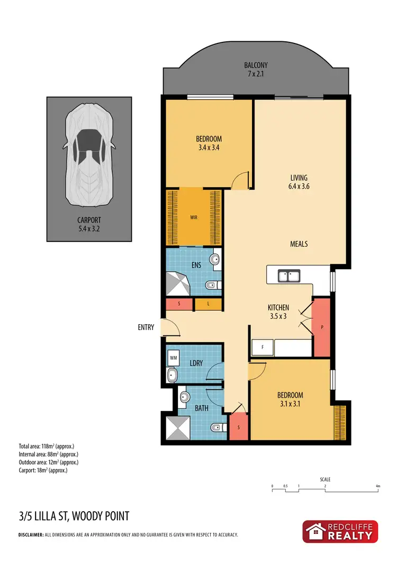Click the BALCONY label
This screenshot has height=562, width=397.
(254, 69)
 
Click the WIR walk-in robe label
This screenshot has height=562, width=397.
(194, 217)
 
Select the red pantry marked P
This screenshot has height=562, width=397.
(322, 327)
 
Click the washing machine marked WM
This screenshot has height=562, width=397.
(173, 358)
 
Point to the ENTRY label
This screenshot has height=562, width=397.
(146, 327)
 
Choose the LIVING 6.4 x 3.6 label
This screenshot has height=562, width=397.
(299, 182)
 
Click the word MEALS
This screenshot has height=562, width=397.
(299, 244)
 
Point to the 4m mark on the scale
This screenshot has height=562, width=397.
(377, 486)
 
